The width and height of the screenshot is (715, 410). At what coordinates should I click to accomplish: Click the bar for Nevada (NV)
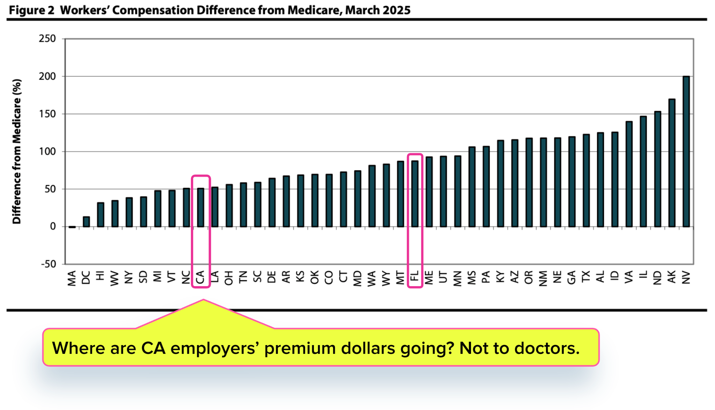pyautogui.click(x=686, y=151)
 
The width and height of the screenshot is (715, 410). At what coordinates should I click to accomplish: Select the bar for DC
pyautogui.click(x=86, y=222)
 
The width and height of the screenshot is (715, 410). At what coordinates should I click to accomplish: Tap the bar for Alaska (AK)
pyautogui.click(x=672, y=163)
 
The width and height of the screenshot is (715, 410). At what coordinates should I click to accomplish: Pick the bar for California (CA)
pyautogui.click(x=200, y=208)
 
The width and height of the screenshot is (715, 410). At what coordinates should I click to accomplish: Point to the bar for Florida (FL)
pyautogui.click(x=415, y=194)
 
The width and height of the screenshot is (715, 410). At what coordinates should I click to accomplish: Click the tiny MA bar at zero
pyautogui.click(x=72, y=227)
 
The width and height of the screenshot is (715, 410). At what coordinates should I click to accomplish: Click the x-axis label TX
pyautogui.click(x=586, y=277)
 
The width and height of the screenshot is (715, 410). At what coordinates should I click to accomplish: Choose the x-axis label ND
pyautogui.click(x=657, y=278)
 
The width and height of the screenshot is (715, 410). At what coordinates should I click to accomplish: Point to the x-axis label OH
pyautogui.click(x=229, y=278)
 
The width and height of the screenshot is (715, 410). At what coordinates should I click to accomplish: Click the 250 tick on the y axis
pyautogui.click(x=47, y=38)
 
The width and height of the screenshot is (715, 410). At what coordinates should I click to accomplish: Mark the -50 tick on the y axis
pyautogui.click(x=48, y=264)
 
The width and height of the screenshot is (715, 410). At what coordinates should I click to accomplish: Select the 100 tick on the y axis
pyautogui.click(x=47, y=151)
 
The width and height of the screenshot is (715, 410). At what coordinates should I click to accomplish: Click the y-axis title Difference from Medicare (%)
pyautogui.click(x=17, y=151)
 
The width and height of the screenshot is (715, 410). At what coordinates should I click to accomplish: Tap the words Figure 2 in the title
pyautogui.click(x=31, y=10)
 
